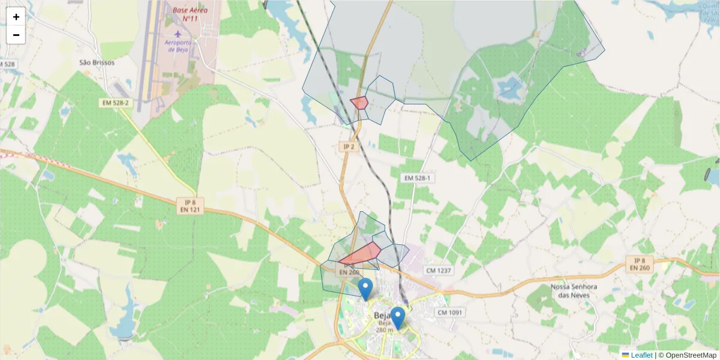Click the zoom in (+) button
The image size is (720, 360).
point(16,17)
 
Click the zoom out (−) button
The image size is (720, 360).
point(16,35)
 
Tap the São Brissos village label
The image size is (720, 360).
point(97,62)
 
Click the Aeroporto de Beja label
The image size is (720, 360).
point(179,46)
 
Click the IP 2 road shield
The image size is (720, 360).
point(349,147)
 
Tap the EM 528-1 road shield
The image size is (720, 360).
point(418,178)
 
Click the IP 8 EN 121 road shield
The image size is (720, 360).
point(190,206)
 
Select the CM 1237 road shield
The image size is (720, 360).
point(438,271)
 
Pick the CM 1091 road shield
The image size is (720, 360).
point(449,313)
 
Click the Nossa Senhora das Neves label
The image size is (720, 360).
point(574,291)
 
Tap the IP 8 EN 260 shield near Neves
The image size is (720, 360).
point(640,264)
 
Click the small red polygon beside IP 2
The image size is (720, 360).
point(359,103)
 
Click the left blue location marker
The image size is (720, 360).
point(365,289)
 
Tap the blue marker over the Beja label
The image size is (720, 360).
point(397,317)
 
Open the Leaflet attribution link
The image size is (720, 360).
point(641,355)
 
